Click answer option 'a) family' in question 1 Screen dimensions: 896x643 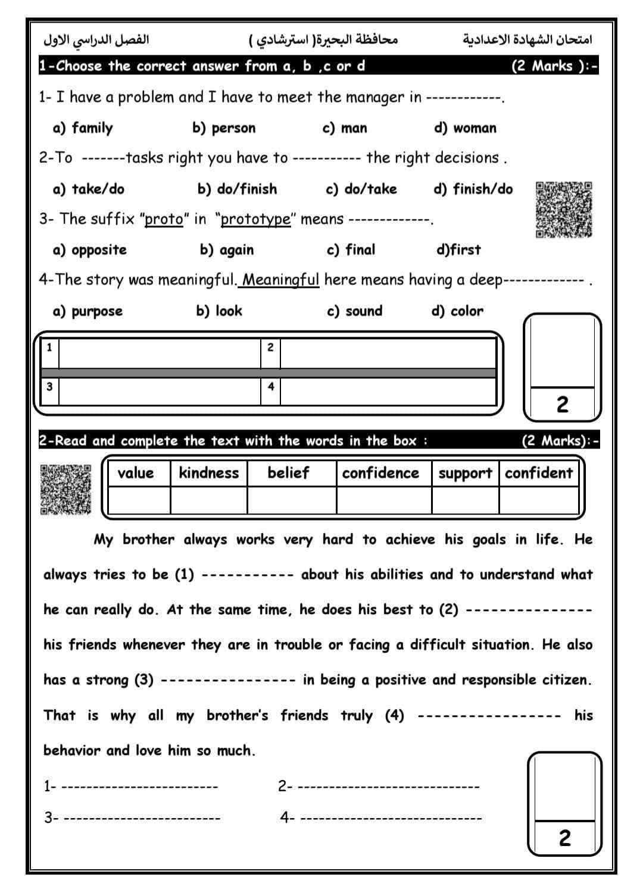tap(83, 128)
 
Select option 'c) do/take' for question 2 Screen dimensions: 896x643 tap(361, 189)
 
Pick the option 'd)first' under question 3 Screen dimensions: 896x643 tap(458, 250)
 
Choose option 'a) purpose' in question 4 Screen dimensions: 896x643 tap(88, 311)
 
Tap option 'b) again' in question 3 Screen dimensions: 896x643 tap(226, 250)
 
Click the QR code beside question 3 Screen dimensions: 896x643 tap(564, 210)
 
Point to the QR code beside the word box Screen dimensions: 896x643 tap(66, 489)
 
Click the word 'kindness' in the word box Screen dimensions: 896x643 tap(208, 473)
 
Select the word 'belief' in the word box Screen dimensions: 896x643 tap(288, 473)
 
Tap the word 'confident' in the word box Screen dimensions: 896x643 tap(539, 473)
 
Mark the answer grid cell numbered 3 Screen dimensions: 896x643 tap(160, 391)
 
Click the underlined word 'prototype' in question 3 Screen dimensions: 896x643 tap(256, 220)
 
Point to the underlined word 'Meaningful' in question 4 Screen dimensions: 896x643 tap(281, 280)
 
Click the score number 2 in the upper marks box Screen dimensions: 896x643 tap(562, 405)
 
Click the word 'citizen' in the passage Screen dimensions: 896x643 tap(565, 680)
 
